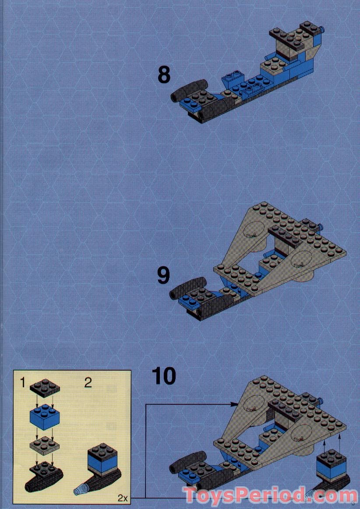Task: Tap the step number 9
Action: click(x=163, y=276)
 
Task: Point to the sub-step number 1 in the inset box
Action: click(x=22, y=382)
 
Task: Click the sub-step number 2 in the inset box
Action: click(x=88, y=382)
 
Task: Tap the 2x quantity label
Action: click(x=122, y=498)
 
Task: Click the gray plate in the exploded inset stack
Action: click(x=45, y=446)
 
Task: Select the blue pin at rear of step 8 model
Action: click(x=322, y=30)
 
